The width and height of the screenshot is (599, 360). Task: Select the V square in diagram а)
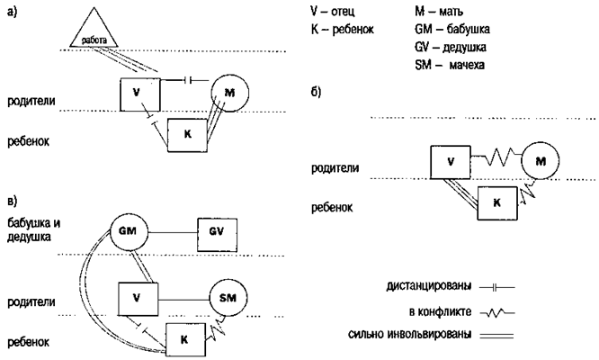click(x=140, y=94)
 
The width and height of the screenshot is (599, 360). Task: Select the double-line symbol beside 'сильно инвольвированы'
click(x=498, y=334)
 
